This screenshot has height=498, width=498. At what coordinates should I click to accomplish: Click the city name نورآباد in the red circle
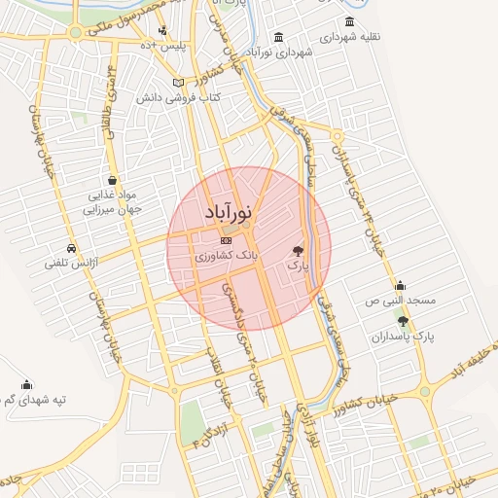click(x=230, y=211)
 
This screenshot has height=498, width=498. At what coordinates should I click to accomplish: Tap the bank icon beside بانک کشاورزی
click(x=226, y=240)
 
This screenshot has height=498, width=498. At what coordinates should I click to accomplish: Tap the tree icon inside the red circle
click(x=298, y=249)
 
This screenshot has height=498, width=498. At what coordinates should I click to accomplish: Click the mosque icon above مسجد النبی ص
click(x=400, y=285)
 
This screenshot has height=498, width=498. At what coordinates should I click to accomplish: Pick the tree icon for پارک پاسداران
click(x=403, y=321)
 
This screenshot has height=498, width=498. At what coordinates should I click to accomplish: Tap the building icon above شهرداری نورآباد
click(x=279, y=37)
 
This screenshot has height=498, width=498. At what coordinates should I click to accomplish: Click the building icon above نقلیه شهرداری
click(x=349, y=22)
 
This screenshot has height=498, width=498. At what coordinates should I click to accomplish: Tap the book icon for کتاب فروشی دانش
click(x=177, y=83)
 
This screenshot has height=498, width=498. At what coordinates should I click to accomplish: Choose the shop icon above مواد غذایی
click(x=114, y=180)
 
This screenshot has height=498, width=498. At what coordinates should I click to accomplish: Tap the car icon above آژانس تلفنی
click(x=72, y=247)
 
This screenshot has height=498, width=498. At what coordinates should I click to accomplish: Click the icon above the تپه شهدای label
click(x=24, y=384)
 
